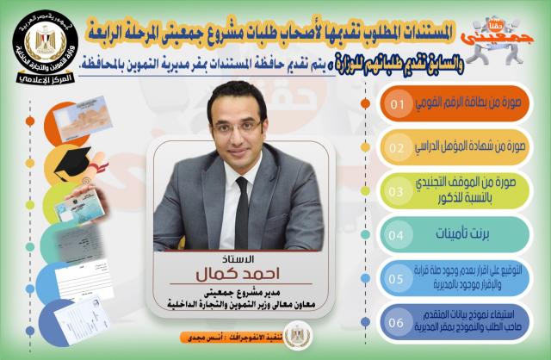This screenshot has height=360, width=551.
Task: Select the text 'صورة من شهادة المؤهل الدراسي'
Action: [473, 147]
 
